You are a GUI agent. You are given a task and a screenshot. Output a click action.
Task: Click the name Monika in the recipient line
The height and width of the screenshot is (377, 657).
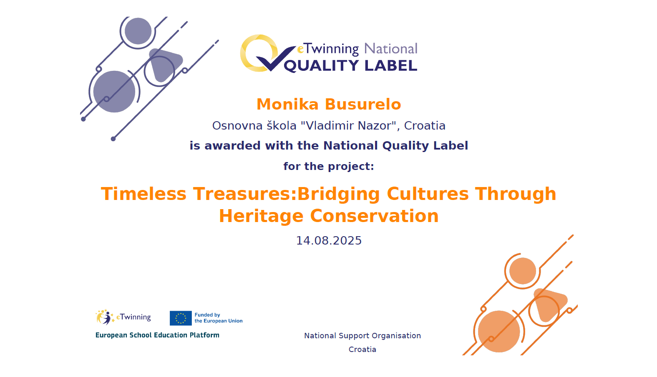287,104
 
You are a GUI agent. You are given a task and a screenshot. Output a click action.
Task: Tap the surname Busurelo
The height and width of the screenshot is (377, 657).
363,104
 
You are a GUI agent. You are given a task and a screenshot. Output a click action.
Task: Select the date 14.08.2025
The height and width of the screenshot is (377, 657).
329,240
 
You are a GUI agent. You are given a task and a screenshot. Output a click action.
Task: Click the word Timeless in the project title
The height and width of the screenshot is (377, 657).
144,194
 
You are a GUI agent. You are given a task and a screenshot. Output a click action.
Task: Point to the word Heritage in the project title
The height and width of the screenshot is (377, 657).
261,217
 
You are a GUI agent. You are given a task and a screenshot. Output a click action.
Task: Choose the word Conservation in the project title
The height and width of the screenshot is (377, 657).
374,216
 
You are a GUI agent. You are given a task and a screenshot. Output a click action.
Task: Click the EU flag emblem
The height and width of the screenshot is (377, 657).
181,318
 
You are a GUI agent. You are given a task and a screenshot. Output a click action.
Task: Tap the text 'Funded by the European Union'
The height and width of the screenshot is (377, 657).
219,318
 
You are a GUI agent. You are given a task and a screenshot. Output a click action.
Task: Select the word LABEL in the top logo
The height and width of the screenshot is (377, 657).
391,65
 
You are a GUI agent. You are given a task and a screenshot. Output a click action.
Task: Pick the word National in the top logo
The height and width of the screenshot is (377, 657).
391,49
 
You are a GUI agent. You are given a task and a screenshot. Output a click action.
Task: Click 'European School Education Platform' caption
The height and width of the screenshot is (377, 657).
158,335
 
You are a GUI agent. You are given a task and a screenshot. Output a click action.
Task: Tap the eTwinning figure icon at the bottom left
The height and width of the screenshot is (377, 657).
104,317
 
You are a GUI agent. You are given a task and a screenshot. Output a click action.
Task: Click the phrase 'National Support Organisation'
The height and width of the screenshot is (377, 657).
362,336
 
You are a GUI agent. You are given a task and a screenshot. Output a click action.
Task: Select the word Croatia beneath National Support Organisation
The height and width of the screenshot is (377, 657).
362,350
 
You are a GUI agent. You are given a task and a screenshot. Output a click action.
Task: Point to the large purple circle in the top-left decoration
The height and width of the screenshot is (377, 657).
114,92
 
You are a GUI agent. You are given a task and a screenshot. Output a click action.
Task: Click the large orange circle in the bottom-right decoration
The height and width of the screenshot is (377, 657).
499,331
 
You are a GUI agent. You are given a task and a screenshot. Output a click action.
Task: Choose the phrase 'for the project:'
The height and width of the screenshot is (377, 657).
329,166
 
